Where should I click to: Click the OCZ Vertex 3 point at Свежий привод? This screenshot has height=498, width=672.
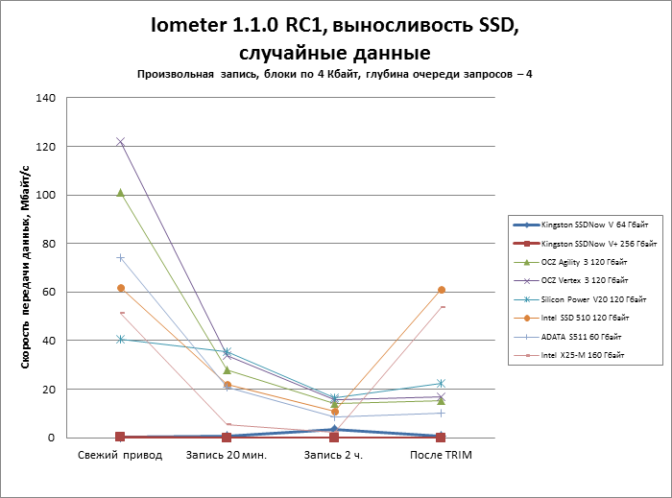click(120, 141)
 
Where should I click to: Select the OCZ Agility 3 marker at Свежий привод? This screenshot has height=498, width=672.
click(120, 192)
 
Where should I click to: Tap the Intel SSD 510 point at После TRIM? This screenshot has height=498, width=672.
click(441, 290)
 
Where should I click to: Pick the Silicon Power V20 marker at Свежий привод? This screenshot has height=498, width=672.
click(120, 339)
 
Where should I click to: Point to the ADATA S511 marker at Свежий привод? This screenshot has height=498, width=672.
click(120, 257)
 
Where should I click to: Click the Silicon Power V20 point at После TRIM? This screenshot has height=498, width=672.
click(441, 384)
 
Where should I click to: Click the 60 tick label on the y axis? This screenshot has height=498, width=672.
click(50, 292)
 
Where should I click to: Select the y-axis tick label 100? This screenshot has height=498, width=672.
click(46, 195)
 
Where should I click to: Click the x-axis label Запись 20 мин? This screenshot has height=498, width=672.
click(227, 454)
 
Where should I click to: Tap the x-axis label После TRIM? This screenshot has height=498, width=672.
click(441, 454)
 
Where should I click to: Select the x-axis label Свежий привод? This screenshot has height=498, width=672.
click(120, 454)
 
